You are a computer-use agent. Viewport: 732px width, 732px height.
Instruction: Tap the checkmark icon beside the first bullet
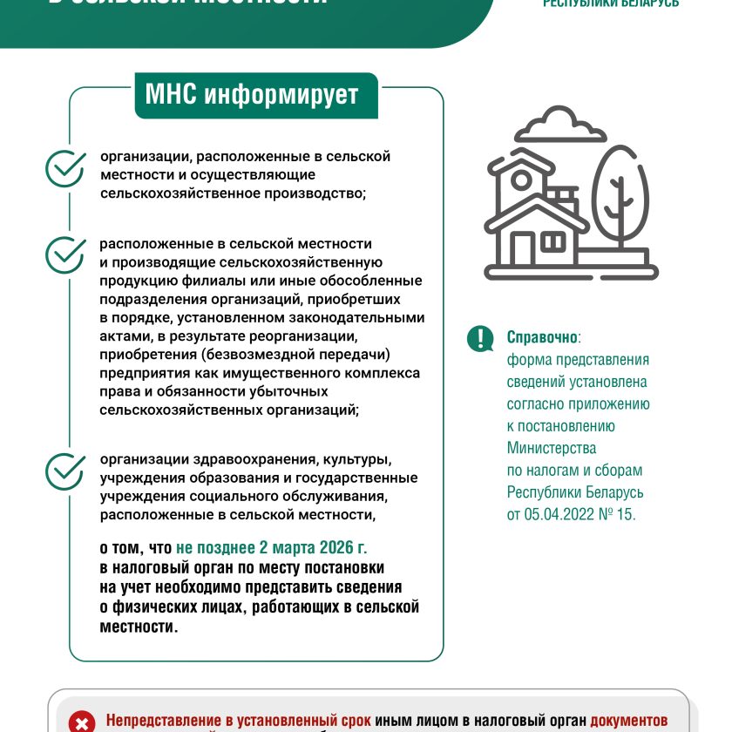(64, 169)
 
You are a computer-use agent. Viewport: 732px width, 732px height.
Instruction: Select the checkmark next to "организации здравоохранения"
(64, 471)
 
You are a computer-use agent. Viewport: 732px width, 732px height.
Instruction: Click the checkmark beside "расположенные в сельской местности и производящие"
(64, 254)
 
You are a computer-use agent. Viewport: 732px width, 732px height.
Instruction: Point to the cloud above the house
(560, 127)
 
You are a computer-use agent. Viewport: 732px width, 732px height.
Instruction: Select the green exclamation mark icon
(480, 339)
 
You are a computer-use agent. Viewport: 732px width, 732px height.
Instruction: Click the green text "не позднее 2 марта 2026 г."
(272, 547)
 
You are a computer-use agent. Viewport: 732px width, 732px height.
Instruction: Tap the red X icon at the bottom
(81, 722)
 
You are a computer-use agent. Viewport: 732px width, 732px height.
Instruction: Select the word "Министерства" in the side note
(552, 449)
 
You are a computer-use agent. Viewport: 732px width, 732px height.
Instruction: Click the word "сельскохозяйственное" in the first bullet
(174, 193)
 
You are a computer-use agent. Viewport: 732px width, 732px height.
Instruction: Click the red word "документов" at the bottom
(628, 722)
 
